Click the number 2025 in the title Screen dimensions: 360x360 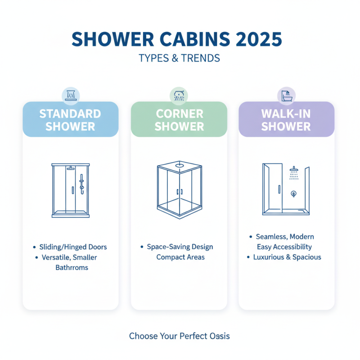[x=256, y=39]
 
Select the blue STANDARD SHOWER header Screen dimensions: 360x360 [x=71, y=119]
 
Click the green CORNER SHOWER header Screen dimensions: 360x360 [x=179, y=119]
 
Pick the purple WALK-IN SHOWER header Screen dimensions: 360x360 [x=286, y=119]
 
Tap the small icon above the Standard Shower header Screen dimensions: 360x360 [x=70, y=95]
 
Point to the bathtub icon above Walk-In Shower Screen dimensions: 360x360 [x=286, y=95]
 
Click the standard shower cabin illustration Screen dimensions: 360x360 [x=71, y=190]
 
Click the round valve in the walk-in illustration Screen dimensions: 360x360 [x=293, y=194]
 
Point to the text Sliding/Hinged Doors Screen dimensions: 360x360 [x=73, y=247]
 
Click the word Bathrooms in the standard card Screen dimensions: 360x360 [x=72, y=267]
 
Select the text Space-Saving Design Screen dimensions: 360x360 [x=180, y=247]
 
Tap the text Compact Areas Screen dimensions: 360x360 [x=180, y=257]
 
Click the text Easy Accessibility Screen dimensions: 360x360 [x=284, y=247]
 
